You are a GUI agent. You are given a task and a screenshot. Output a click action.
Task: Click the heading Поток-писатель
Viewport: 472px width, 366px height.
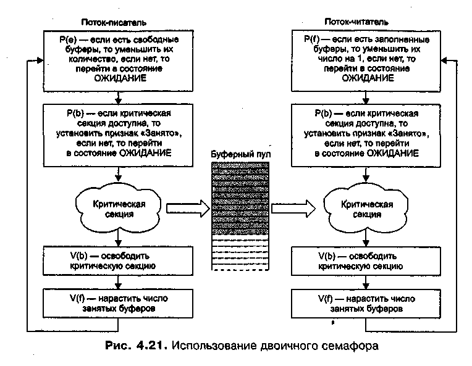click(115, 23)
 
